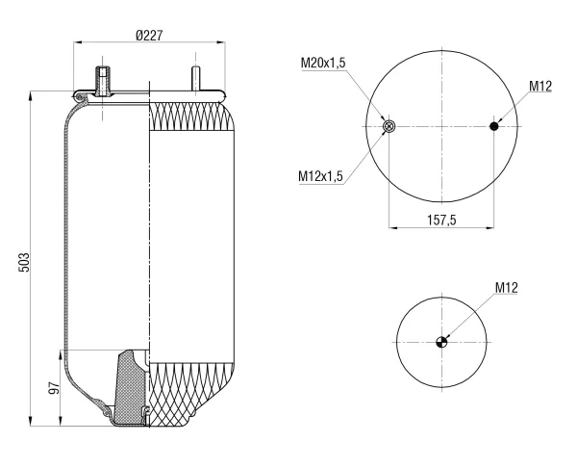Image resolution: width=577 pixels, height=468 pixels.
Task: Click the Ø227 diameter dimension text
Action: tap(149, 36)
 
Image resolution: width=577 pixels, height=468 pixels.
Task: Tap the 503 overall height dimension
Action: tap(24, 262)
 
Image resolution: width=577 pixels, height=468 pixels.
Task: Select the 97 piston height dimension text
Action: tap(54, 388)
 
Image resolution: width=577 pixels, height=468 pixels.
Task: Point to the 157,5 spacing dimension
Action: tap(441, 220)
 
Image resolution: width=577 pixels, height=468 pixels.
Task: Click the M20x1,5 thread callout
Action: tap(323, 63)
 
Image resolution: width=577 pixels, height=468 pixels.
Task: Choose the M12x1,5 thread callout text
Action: tap(320, 176)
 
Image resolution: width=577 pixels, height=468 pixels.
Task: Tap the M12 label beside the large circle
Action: tap(540, 87)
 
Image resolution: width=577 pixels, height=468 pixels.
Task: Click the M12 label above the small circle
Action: tap(507, 287)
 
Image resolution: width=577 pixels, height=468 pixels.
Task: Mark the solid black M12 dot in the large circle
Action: tap(494, 126)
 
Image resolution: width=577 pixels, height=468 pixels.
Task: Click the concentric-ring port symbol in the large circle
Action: tap(389, 126)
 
